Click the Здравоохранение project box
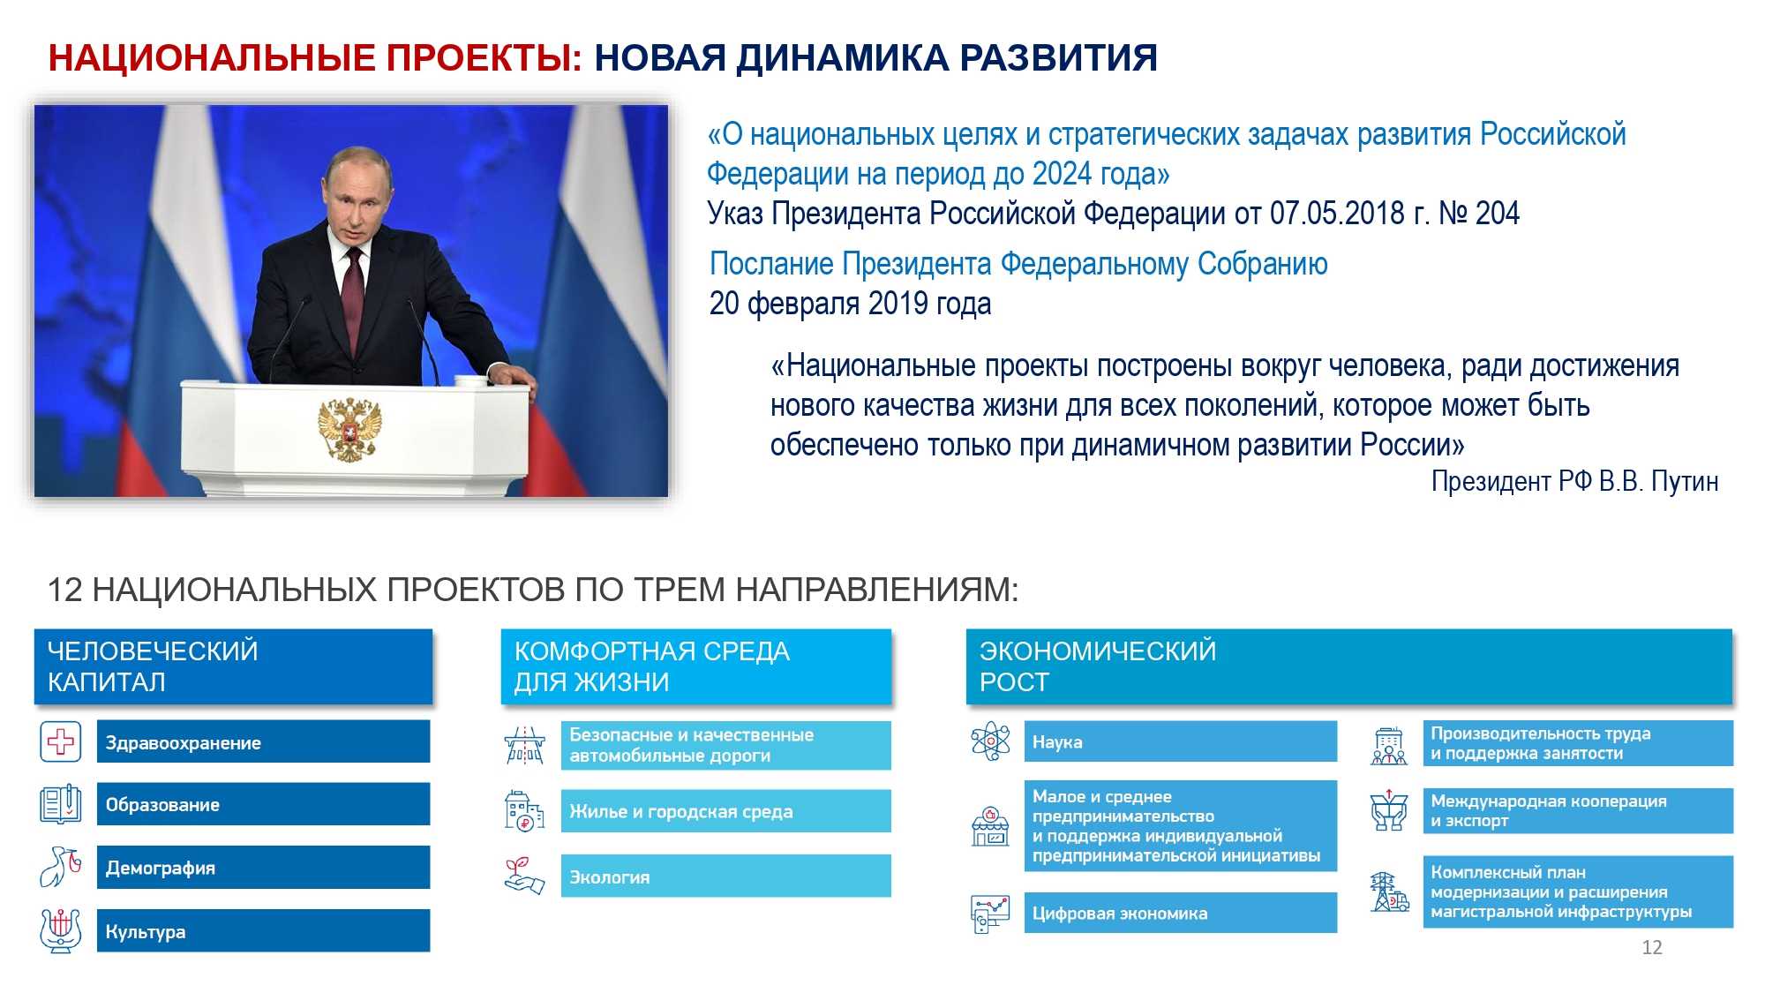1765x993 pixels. click(x=263, y=741)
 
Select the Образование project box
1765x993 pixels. click(x=263, y=804)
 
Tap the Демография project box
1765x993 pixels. click(x=263, y=868)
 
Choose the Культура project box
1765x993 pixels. click(x=263, y=931)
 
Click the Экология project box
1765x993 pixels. click(x=725, y=876)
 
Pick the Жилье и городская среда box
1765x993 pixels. click(x=725, y=811)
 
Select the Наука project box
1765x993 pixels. click(x=1181, y=741)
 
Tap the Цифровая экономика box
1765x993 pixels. click(x=1181, y=913)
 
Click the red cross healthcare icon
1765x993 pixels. click(x=60, y=741)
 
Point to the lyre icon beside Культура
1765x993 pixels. click(x=60, y=930)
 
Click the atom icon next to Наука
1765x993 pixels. click(x=990, y=741)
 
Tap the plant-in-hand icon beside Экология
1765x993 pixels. click(x=524, y=876)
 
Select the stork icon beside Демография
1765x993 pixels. click(x=60, y=867)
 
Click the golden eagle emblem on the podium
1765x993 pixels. click(x=349, y=430)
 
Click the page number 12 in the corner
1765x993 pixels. click(x=1652, y=947)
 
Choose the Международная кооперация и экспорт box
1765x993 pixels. click(x=1578, y=810)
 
